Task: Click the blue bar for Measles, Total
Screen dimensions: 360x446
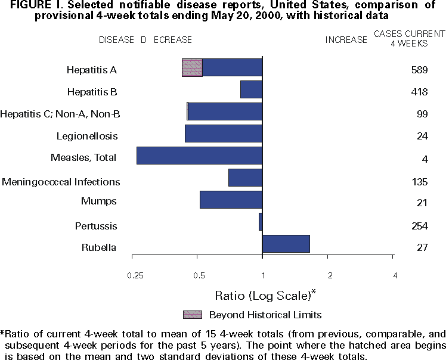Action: click(199, 156)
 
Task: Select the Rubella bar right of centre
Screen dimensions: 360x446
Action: click(286, 244)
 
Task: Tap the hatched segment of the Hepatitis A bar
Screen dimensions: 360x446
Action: click(192, 68)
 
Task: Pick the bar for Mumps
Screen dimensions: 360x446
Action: click(231, 200)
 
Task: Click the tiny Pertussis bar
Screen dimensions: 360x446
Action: click(261, 222)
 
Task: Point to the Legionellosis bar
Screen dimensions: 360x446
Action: click(224, 134)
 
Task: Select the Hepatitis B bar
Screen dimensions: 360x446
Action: click(251, 89)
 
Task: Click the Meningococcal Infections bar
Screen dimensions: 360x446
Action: click(245, 178)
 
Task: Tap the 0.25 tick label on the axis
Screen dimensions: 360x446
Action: click(135, 275)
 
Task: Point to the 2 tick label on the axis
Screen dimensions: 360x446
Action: click(330, 275)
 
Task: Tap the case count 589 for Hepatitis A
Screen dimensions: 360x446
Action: click(419, 70)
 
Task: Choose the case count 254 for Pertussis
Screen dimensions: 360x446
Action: click(419, 226)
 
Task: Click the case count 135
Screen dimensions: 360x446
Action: click(419, 182)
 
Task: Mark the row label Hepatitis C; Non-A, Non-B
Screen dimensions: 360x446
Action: click(60, 114)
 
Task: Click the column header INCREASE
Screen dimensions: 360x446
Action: click(346, 40)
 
